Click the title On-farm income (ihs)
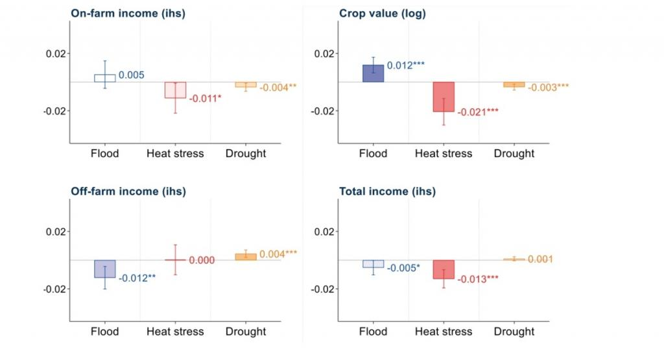[x=128, y=14]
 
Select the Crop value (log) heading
[x=383, y=14]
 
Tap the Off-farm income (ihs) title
[x=128, y=191]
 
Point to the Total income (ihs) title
[x=387, y=191]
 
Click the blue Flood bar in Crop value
[x=373, y=73]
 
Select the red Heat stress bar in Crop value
[x=444, y=97]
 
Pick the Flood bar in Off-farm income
[x=105, y=269]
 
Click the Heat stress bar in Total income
[x=444, y=269]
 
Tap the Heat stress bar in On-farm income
[x=175, y=90]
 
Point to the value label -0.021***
[x=478, y=112]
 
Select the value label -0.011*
[x=205, y=99]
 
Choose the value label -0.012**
[x=137, y=278]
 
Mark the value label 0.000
[x=202, y=260]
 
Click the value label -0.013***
[x=478, y=280]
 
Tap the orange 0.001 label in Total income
[x=539, y=259]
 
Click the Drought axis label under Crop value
[x=514, y=154]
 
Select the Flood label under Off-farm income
[x=105, y=331]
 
